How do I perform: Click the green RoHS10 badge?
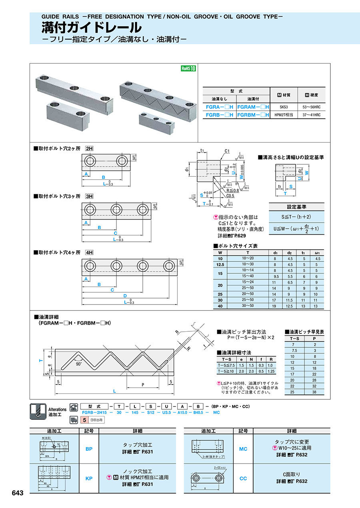[x=188, y=68]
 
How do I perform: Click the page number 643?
[x=18, y=493]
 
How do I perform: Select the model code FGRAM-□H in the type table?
[x=254, y=107]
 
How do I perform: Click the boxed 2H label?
[x=89, y=148]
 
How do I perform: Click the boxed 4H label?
[x=89, y=253]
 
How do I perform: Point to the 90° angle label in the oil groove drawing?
[x=78, y=364]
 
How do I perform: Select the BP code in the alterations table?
[x=89, y=449]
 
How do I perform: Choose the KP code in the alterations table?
[x=89, y=478]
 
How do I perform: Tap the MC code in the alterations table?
[x=243, y=449]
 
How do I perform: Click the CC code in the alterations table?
[x=243, y=478]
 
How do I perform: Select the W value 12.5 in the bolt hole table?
[x=220, y=265]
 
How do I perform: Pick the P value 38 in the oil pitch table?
[x=315, y=392]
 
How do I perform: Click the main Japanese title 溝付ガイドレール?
[x=92, y=28]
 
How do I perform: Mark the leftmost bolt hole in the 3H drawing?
[x=90, y=209]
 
